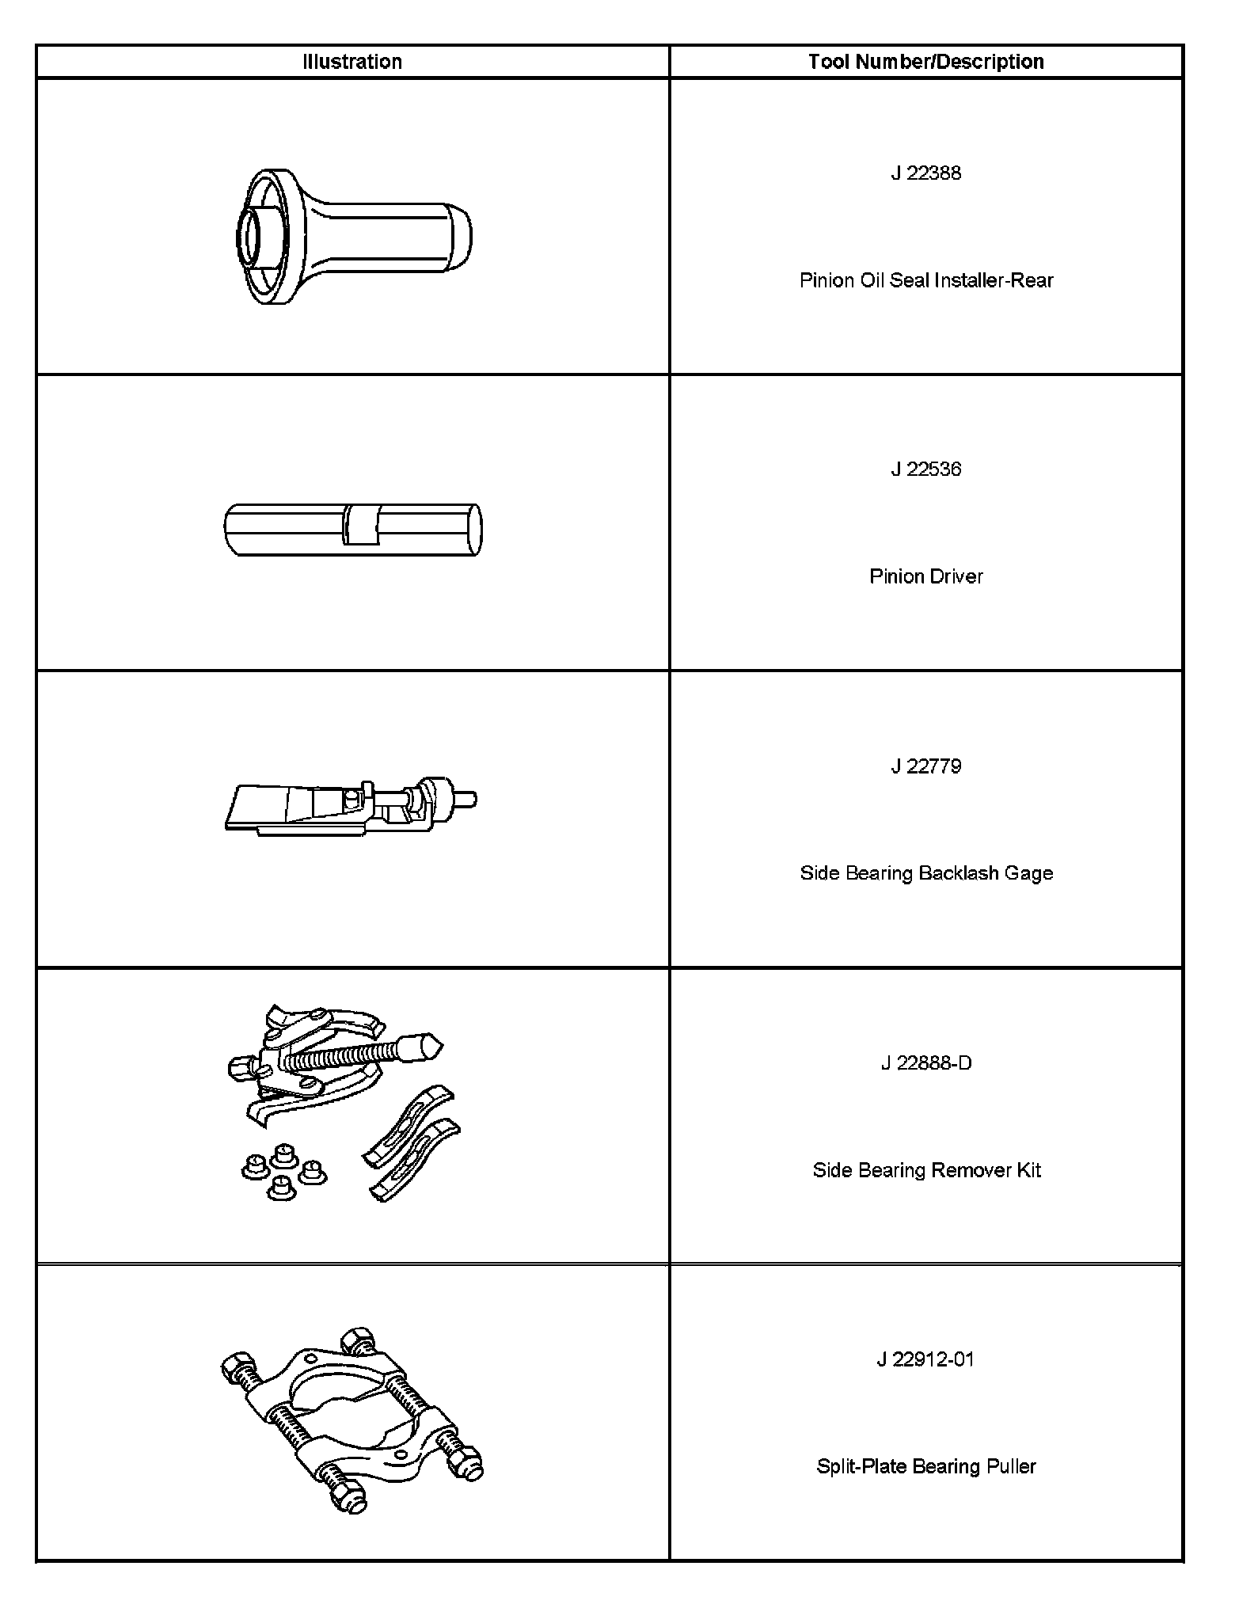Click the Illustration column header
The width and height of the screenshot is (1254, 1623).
pyautogui.click(x=352, y=62)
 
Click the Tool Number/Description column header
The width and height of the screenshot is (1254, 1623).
pyautogui.click(x=925, y=62)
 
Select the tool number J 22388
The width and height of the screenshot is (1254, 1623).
pyautogui.click(x=925, y=173)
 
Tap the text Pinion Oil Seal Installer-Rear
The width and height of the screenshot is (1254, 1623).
pyautogui.click(x=925, y=280)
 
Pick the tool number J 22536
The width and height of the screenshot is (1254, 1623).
pyautogui.click(x=925, y=469)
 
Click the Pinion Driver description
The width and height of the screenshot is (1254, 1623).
pyautogui.click(x=925, y=576)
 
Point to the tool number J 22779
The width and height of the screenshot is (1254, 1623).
pyautogui.click(x=925, y=766)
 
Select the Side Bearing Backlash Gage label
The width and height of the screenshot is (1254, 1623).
pyautogui.click(x=925, y=873)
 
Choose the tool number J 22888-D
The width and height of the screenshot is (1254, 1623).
pyautogui.click(x=925, y=1062)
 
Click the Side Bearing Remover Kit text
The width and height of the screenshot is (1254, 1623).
pyautogui.click(x=925, y=1170)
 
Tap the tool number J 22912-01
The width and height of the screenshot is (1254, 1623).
pyautogui.click(x=925, y=1359)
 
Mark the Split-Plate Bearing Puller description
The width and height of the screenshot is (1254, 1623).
pyautogui.click(x=925, y=1466)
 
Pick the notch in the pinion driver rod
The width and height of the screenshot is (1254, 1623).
pyautogui.click(x=361, y=525)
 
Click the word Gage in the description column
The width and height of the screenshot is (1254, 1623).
pyautogui.click(x=1028, y=873)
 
